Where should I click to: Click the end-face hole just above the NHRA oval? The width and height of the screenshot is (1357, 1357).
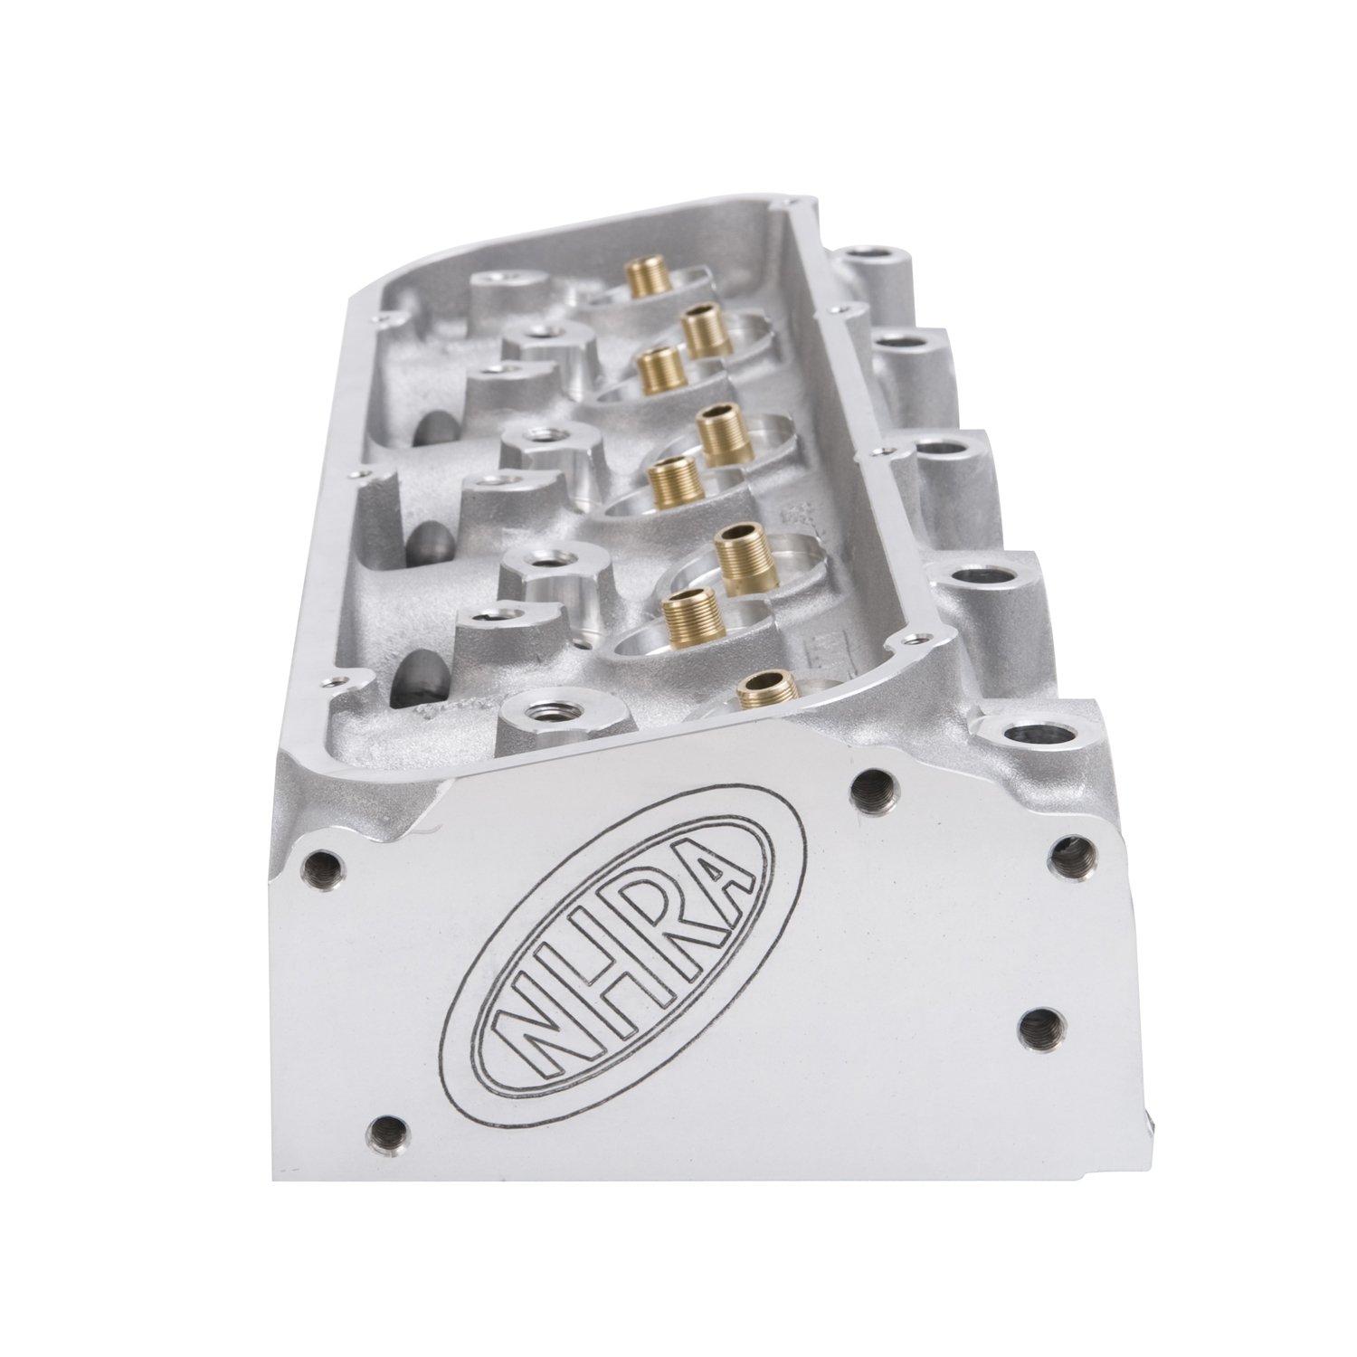coord(870,783)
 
